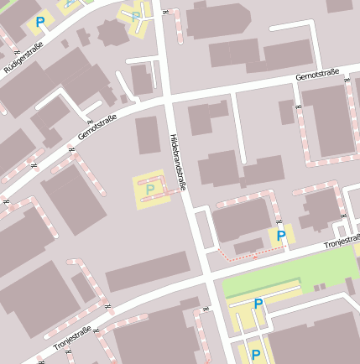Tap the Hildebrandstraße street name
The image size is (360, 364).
177,165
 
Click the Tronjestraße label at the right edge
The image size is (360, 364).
342,242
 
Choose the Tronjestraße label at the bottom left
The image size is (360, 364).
72,338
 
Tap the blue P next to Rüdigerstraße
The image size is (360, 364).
39,22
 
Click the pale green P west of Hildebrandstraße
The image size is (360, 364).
150,190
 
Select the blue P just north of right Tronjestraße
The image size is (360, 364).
281,237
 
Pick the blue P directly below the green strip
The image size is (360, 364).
258,304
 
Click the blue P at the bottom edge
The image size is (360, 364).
256,356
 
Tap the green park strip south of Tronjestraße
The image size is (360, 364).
285,273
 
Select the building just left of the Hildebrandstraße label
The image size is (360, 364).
148,134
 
